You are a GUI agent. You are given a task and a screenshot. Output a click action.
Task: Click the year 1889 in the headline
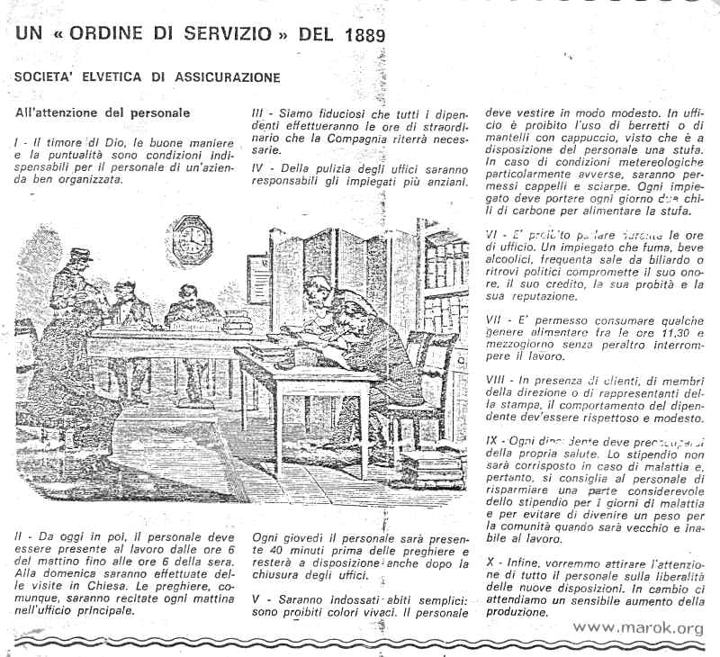click(360, 36)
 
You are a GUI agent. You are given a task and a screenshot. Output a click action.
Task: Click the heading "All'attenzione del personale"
click(103, 113)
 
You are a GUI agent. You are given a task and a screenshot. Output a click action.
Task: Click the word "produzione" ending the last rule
click(518, 612)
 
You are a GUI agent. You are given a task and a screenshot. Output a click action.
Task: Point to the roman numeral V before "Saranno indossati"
click(256, 598)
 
